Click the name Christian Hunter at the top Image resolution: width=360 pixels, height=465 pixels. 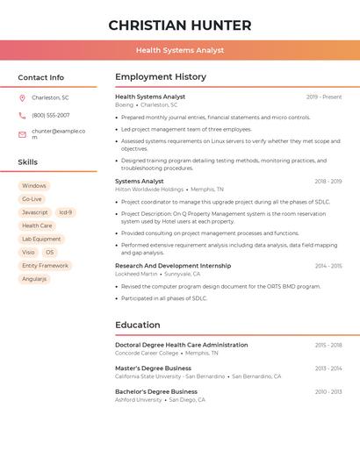coord(180,25)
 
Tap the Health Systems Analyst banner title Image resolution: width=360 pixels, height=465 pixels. coord(180,51)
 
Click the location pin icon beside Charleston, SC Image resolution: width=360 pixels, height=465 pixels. coord(22,97)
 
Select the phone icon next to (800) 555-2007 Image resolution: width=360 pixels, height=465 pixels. coord(22,115)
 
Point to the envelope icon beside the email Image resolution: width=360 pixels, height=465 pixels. coord(22,133)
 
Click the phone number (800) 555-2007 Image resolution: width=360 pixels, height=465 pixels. coord(50,115)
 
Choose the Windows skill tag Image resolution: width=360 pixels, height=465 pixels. coord(34,186)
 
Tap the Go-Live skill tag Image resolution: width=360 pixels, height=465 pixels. coord(32,199)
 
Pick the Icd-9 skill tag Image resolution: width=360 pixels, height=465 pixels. coord(66,212)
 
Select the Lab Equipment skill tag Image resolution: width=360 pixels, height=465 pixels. coord(41,239)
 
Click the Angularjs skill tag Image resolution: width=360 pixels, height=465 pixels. coord(34,278)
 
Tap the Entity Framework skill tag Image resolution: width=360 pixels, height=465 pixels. coord(45,265)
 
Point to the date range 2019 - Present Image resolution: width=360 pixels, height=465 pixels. coord(324,97)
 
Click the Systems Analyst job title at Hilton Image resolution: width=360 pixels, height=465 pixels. coord(140,181)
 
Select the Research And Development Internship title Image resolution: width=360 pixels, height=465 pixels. coord(173,265)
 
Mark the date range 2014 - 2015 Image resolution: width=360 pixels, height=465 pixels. coord(328,265)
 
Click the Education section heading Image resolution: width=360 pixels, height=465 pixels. coord(138,325)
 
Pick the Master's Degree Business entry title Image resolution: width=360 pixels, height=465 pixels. coord(153,368)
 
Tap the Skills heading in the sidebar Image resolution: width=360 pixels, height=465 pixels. coord(28,162)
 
